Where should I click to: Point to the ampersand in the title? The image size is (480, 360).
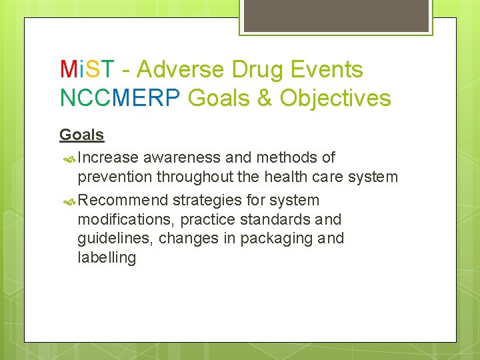click(x=265, y=98)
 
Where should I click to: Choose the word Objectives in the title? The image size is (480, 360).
click(x=335, y=98)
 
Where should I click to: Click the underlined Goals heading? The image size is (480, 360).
click(x=81, y=135)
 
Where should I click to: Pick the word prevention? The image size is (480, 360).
click(x=115, y=177)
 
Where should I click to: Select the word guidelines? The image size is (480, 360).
click(x=115, y=238)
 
